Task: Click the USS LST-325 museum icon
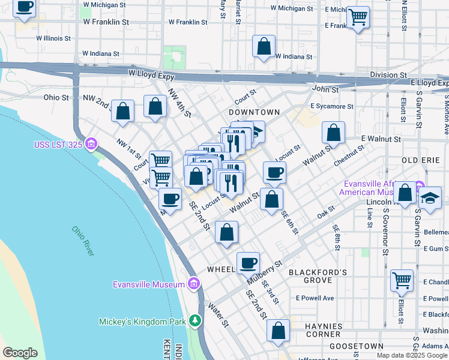coord(91,144)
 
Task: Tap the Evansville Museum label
coord(148,284)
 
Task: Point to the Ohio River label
coord(83,241)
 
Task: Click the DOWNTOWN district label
coord(254,112)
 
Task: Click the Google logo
coord(20,353)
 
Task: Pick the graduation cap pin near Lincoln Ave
coord(430,198)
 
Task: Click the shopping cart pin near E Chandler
coord(402,280)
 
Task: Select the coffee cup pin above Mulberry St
coord(248,262)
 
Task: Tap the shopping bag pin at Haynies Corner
coord(278,331)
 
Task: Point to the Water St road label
coord(218,314)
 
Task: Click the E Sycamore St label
coord(331,106)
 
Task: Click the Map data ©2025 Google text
coord(411,355)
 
